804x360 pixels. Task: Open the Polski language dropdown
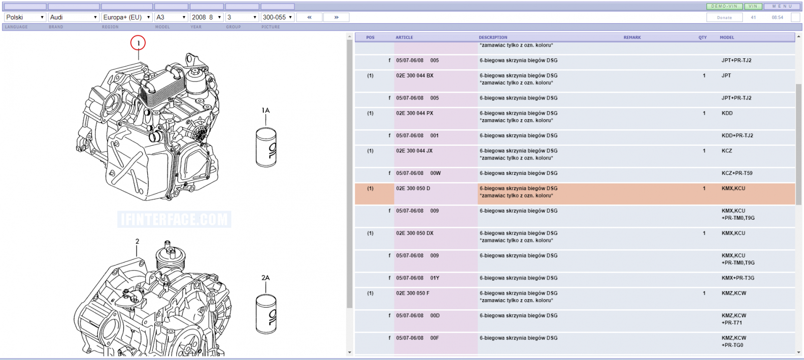[25, 17]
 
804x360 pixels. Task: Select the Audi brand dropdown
[73, 17]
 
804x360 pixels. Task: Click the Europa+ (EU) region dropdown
[127, 17]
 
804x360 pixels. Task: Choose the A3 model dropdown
[171, 17]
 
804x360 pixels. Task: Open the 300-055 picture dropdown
[277, 17]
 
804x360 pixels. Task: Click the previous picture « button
[310, 17]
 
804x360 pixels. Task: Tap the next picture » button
[336, 17]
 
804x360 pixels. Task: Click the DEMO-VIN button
[724, 6]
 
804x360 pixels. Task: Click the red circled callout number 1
[138, 43]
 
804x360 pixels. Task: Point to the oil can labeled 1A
[266, 147]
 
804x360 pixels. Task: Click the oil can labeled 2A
[266, 314]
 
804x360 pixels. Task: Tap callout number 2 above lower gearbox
[137, 241]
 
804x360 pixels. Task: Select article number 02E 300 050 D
[413, 188]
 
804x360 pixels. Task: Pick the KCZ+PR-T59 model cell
[737, 173]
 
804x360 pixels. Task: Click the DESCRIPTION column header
[493, 37]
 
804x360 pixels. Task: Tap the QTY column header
[702, 37]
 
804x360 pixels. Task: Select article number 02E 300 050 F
[413, 293]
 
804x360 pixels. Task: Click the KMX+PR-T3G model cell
[738, 278]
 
